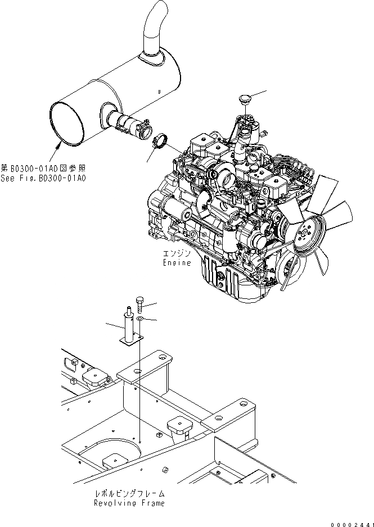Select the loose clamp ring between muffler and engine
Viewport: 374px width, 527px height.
pos(160,140)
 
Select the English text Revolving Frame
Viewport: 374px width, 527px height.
pos(129,503)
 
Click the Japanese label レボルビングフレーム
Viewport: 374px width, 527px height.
pos(129,494)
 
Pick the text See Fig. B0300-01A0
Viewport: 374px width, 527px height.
pos(43,178)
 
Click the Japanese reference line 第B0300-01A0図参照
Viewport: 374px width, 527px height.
pos(44,169)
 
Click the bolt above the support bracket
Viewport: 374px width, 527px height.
pos(139,305)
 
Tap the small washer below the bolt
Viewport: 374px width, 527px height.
pos(139,319)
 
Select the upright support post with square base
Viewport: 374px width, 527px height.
pos(129,326)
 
